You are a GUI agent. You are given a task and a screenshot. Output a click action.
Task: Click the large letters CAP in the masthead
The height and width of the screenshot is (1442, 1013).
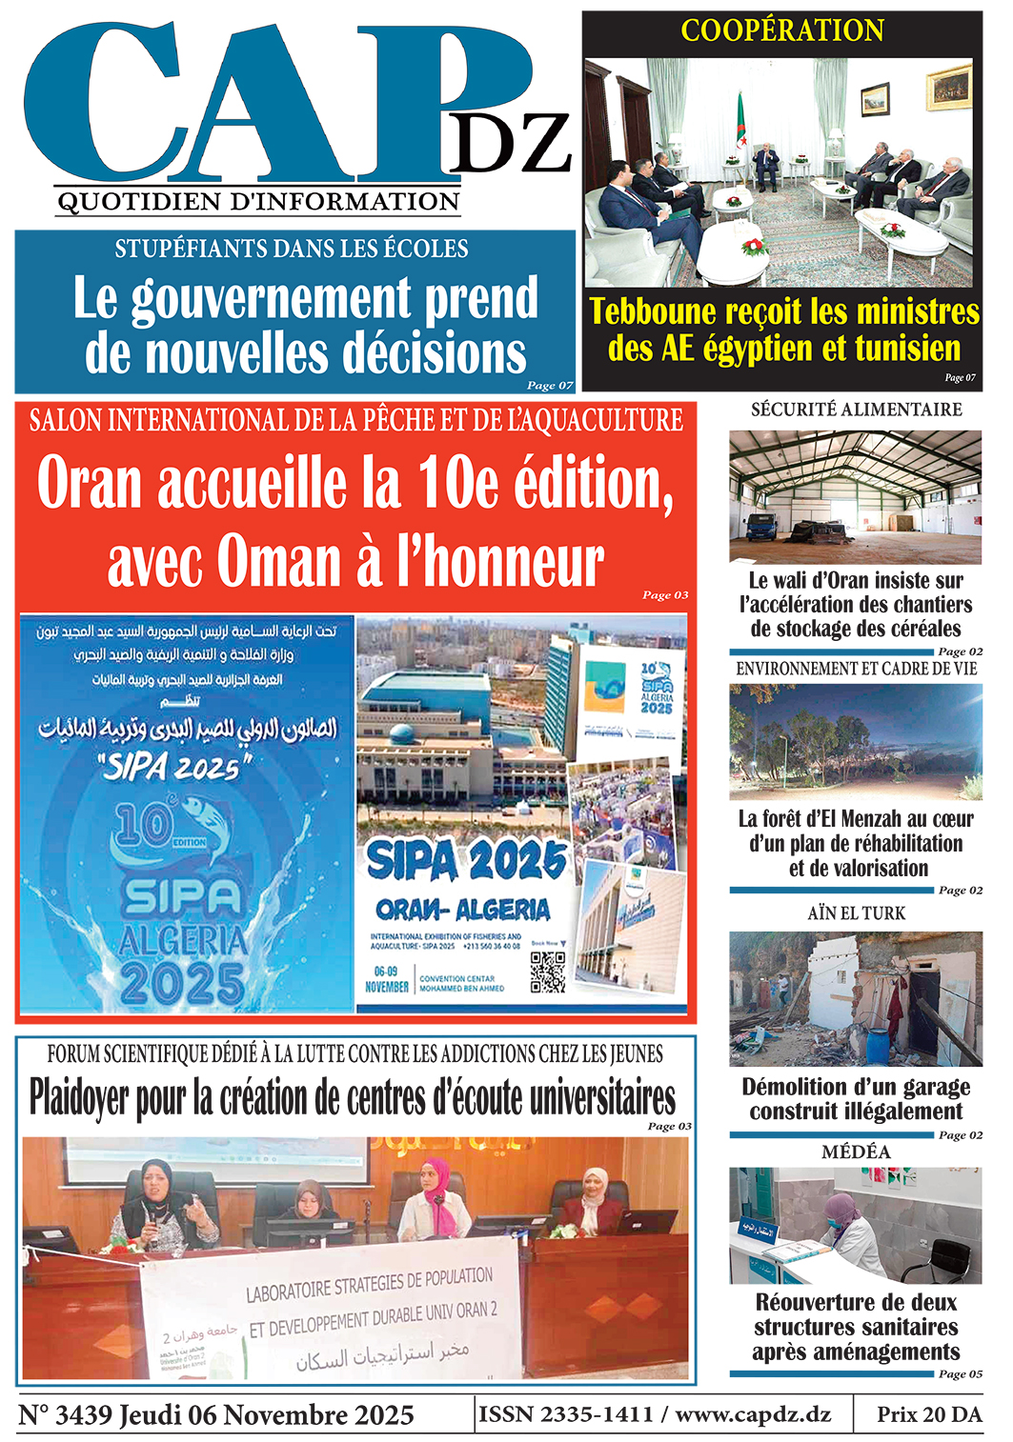tap(257, 105)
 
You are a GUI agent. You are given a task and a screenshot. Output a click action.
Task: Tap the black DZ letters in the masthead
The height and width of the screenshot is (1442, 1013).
tap(509, 144)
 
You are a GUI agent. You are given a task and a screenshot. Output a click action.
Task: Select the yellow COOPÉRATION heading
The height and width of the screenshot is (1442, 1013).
tap(782, 30)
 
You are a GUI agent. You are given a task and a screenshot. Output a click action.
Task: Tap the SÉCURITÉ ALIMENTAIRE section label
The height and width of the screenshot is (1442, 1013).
tap(856, 410)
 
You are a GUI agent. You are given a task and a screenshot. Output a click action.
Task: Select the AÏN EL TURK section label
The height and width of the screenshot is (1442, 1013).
tap(856, 913)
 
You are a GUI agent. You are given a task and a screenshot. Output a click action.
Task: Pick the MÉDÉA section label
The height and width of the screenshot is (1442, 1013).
tap(856, 1152)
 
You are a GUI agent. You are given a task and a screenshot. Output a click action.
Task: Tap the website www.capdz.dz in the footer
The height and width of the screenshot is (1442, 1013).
tap(753, 1414)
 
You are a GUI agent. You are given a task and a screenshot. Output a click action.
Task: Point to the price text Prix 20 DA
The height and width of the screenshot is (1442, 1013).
tap(929, 1414)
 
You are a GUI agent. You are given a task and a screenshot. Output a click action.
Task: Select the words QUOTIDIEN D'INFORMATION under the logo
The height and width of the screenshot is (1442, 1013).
tap(258, 202)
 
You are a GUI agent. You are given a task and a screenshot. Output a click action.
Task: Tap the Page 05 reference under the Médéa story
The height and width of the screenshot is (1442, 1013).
tap(960, 1373)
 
